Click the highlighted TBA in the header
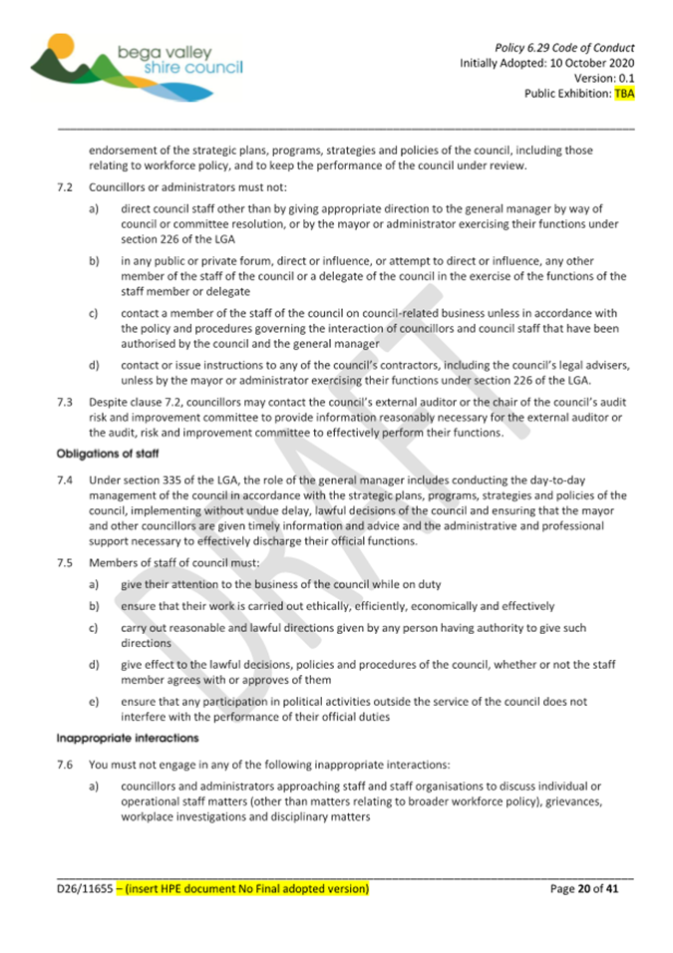[x=623, y=94]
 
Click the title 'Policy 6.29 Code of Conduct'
[x=564, y=47]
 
